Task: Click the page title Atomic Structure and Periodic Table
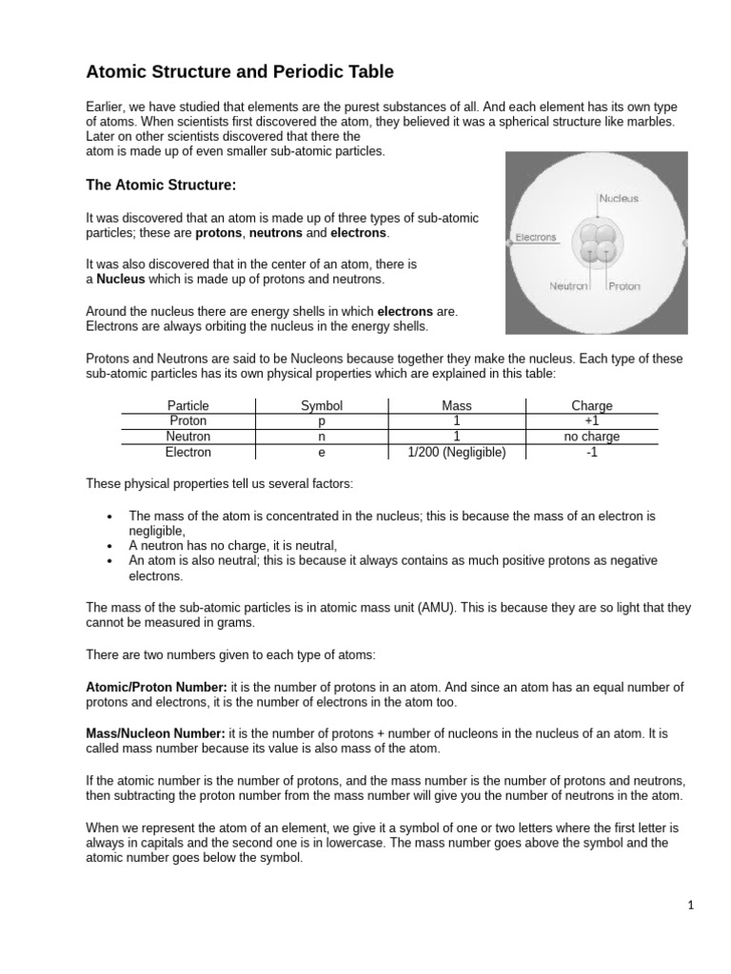(x=240, y=71)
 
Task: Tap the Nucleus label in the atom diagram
(x=619, y=199)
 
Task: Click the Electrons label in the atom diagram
(x=535, y=237)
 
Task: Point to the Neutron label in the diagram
(x=569, y=285)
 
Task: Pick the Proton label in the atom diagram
(x=624, y=285)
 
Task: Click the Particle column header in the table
(x=188, y=405)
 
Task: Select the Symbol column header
(x=321, y=405)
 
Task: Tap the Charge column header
(x=591, y=405)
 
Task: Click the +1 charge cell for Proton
(x=591, y=421)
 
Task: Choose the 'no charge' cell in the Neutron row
(x=591, y=437)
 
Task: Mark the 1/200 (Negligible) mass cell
(x=457, y=453)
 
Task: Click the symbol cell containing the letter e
(x=321, y=453)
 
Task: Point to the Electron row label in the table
(x=188, y=453)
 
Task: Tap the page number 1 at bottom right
(x=691, y=906)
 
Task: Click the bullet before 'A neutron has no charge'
(x=110, y=546)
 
